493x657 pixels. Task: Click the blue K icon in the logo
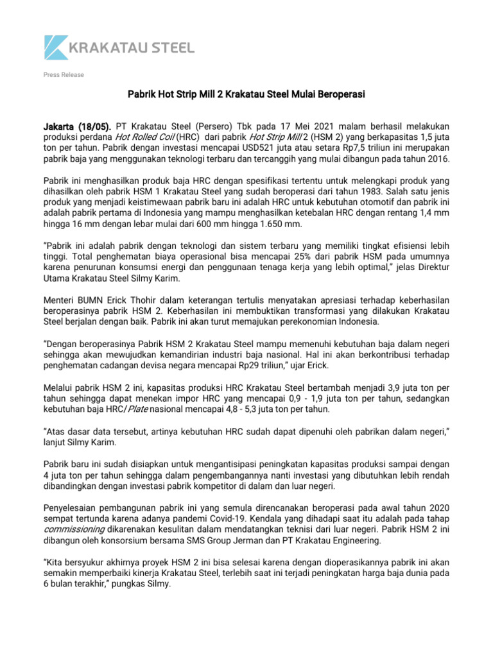pyautogui.click(x=55, y=47)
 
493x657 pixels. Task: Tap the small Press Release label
pyautogui.click(x=64, y=75)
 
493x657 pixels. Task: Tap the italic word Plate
pyautogui.click(x=136, y=408)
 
